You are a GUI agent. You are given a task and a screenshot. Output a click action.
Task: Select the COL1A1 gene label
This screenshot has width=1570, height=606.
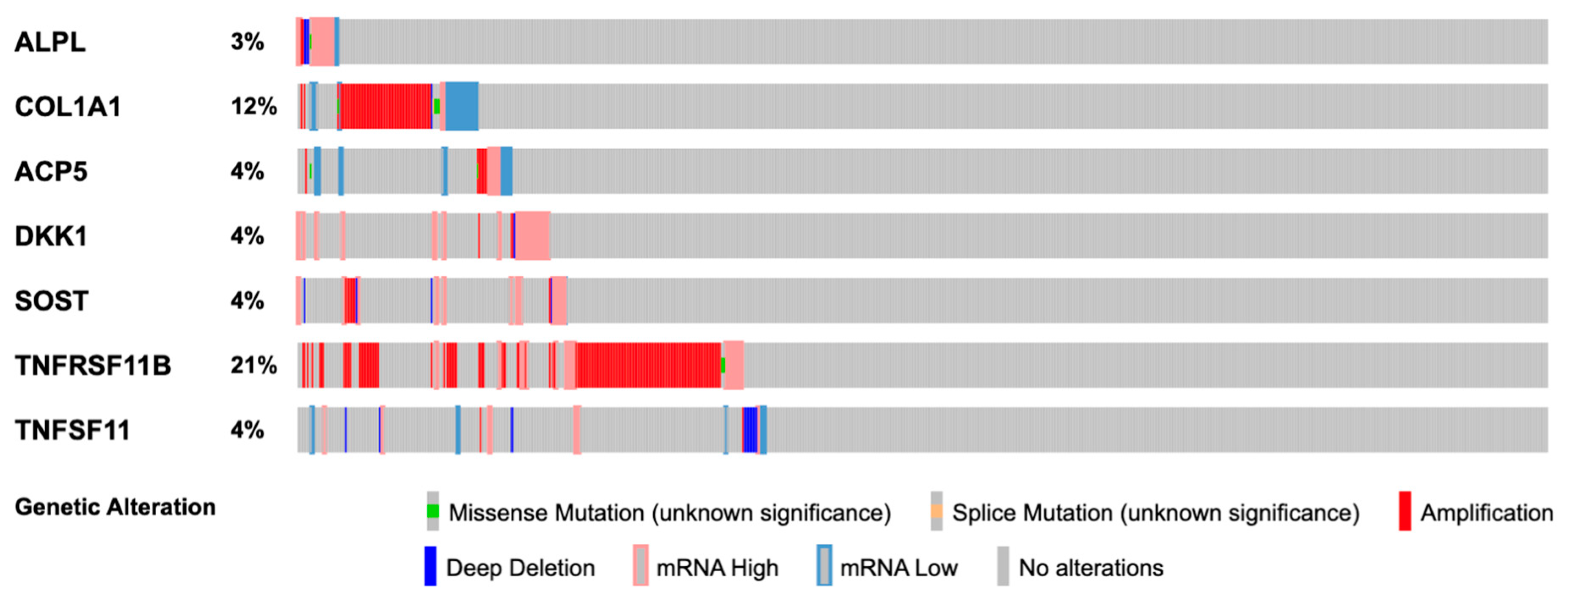tap(68, 107)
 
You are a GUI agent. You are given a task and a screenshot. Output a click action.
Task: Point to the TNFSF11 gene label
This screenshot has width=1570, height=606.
tap(72, 431)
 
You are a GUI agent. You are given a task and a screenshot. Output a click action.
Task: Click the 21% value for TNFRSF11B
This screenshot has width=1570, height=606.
tap(253, 365)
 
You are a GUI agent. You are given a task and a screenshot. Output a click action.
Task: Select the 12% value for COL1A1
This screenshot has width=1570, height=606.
tap(253, 107)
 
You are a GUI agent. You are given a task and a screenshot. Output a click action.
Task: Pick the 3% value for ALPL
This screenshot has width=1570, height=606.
tap(247, 42)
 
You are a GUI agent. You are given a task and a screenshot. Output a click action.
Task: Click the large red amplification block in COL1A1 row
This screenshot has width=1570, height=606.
tap(385, 107)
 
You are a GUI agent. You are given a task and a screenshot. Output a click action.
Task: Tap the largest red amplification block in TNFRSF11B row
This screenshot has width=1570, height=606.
tap(648, 365)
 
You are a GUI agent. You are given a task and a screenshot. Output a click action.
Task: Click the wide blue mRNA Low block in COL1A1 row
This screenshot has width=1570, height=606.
tap(461, 107)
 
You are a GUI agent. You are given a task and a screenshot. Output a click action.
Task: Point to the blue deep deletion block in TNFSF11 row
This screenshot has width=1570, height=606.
tap(750, 430)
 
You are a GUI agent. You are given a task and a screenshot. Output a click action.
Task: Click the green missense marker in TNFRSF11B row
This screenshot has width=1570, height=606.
tap(723, 365)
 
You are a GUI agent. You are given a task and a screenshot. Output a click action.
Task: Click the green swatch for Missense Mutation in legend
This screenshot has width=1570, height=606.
tap(433, 512)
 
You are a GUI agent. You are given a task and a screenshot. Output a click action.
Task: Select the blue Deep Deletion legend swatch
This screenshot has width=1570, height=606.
tap(430, 566)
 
